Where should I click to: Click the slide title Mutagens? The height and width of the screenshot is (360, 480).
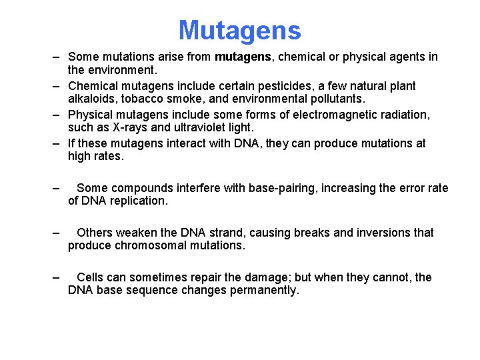pyautogui.click(x=239, y=31)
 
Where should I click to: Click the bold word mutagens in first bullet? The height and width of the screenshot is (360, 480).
pyautogui.click(x=243, y=57)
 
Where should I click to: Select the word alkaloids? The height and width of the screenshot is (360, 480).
pyautogui.click(x=91, y=99)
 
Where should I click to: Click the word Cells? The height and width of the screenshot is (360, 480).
pyautogui.click(x=91, y=277)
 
